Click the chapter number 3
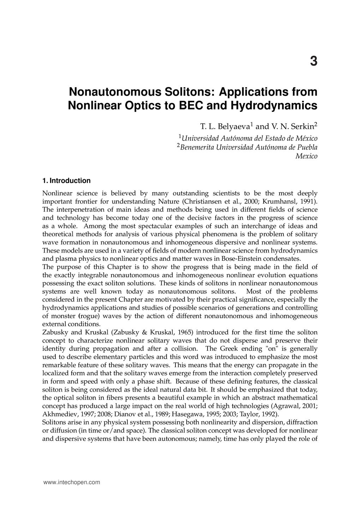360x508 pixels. click(x=313, y=61)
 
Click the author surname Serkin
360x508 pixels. click(x=302, y=126)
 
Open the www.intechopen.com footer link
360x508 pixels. click(x=71, y=482)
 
